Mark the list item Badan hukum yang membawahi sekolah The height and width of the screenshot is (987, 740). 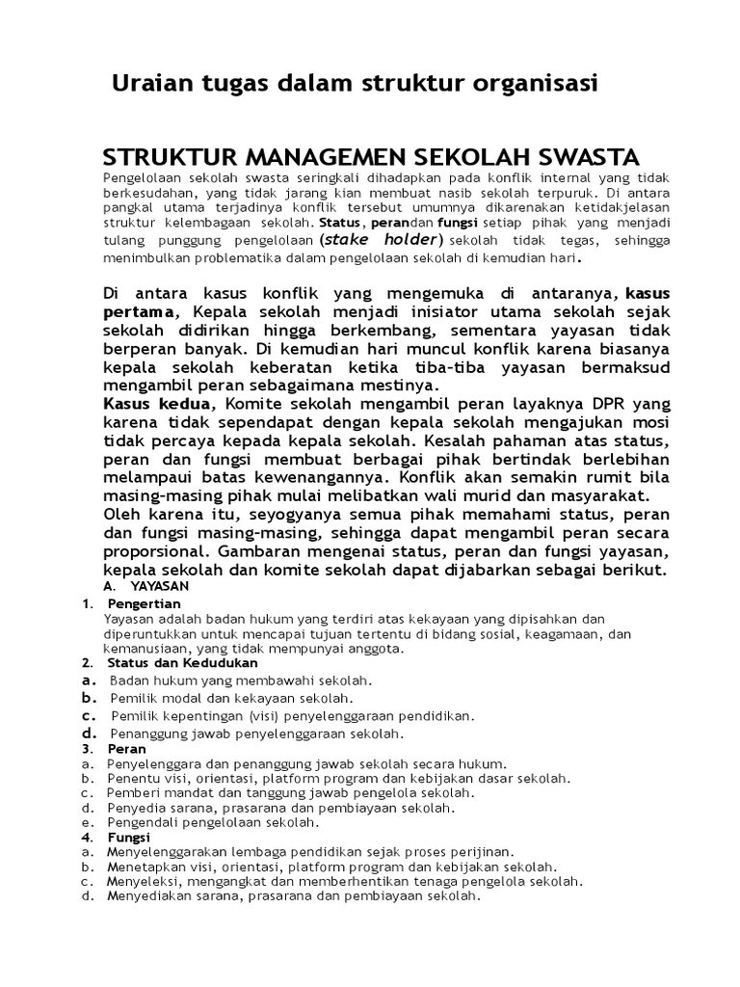coord(241,680)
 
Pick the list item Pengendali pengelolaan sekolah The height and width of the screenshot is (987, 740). coord(214,822)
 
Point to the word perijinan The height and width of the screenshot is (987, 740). coord(485,852)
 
